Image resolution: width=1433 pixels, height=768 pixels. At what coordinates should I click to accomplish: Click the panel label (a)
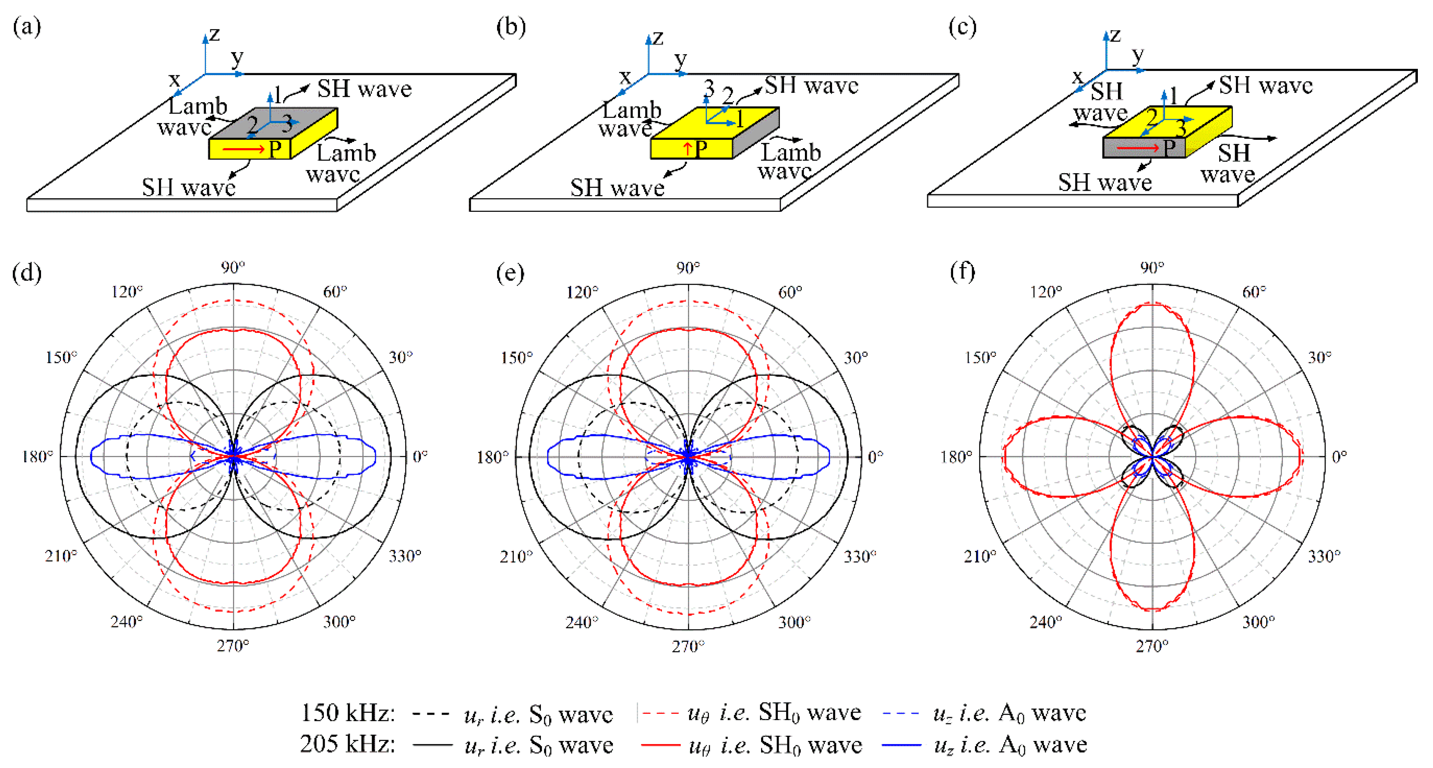(x=27, y=27)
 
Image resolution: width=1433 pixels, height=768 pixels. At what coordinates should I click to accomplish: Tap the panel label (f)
(x=962, y=272)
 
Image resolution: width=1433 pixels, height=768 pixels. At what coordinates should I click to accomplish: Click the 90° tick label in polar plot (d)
(x=233, y=268)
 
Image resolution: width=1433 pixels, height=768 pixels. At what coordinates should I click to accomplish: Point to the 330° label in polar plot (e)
(x=859, y=556)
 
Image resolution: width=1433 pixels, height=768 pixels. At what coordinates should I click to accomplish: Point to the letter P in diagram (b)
(x=701, y=149)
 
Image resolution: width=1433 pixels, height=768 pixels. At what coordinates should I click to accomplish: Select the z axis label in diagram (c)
(x=1115, y=35)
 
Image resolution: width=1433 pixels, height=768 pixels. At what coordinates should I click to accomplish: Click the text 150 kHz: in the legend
(x=348, y=712)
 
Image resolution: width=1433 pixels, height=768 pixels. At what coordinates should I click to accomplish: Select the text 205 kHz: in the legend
(x=348, y=744)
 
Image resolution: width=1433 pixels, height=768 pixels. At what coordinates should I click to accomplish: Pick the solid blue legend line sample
(x=902, y=745)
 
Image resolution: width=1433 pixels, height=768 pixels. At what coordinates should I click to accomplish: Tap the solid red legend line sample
(x=660, y=745)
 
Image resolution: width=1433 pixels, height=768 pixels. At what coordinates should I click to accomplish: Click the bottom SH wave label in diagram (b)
(x=617, y=188)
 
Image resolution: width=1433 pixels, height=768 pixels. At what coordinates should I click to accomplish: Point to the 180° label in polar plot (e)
(x=492, y=457)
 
